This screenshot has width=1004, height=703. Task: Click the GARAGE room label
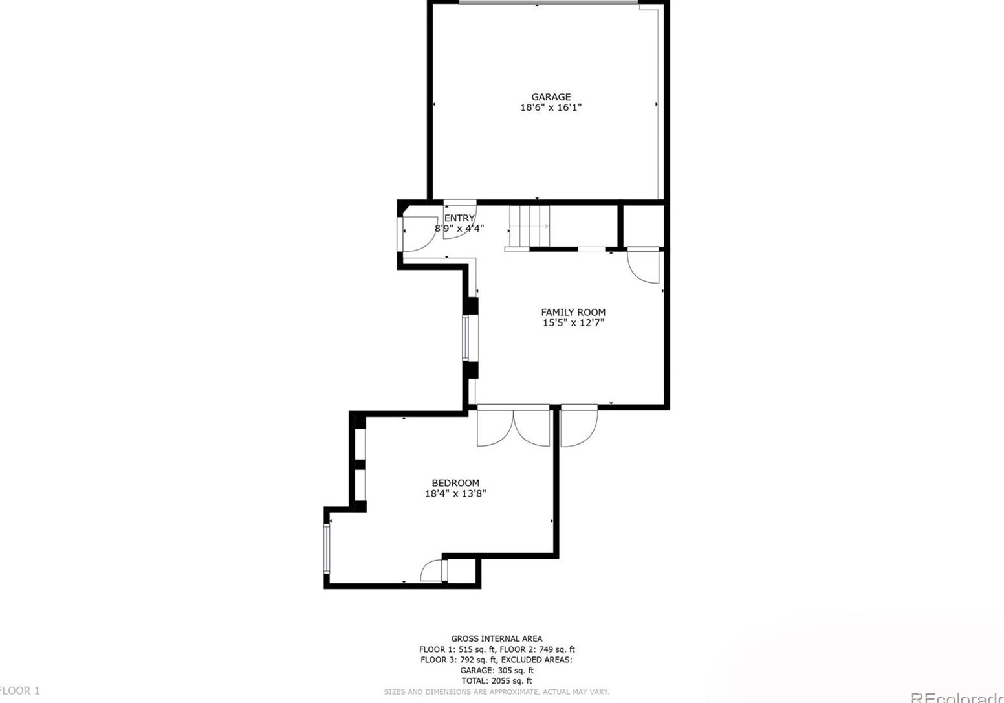[551, 97]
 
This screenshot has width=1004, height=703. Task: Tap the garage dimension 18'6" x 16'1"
[551, 107]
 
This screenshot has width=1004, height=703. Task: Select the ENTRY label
[459, 218]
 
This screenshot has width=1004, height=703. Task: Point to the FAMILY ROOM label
[573, 312]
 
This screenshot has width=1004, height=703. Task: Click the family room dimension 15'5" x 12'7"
[573, 322]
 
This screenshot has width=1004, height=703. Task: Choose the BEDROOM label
[455, 483]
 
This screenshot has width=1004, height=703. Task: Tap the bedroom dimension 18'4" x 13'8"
[455, 493]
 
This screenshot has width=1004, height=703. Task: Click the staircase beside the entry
[529, 226]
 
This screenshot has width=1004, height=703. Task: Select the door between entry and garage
[459, 223]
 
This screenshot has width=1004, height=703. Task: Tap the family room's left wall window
[466, 337]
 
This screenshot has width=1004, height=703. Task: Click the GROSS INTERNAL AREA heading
[497, 639]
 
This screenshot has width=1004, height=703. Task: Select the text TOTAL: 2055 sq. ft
[497, 681]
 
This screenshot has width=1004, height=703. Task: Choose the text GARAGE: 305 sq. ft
[497, 671]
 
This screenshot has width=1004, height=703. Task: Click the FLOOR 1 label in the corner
[19, 691]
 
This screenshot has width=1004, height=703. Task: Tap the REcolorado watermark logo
[957, 697]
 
